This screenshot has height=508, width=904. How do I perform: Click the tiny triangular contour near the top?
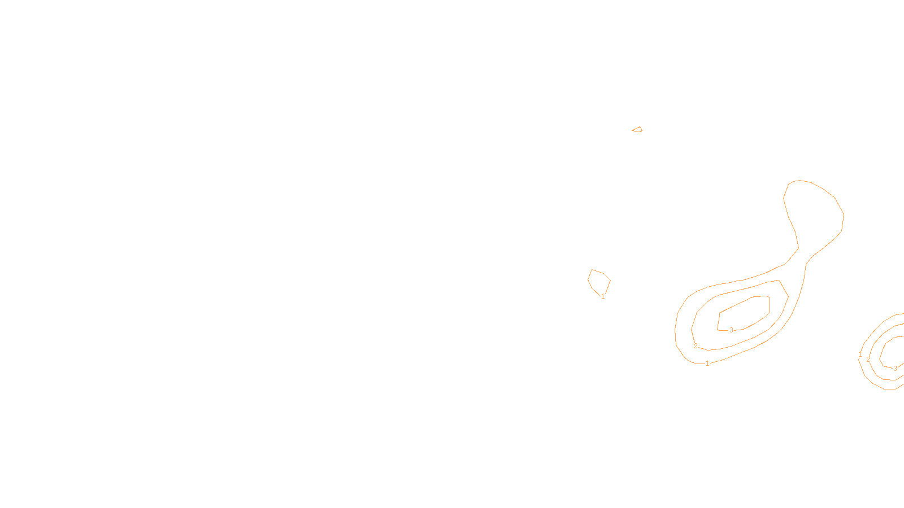pos(637,130)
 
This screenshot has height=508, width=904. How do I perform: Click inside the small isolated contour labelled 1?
pos(598,281)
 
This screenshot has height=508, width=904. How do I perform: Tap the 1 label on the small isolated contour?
pos(603,296)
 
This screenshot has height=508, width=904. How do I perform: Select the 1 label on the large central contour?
pos(707,364)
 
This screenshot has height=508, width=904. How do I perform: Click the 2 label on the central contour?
pos(696,346)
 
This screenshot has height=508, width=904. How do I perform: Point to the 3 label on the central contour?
pos(731,330)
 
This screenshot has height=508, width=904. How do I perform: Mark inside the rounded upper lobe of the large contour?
pos(814,209)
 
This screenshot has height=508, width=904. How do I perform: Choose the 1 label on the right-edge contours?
pos(860,354)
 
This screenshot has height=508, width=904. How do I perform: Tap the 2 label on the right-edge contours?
pos(868,360)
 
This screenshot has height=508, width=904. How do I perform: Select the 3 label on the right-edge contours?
pos(895,369)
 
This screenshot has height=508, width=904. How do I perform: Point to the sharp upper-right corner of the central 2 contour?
pos(780,281)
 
